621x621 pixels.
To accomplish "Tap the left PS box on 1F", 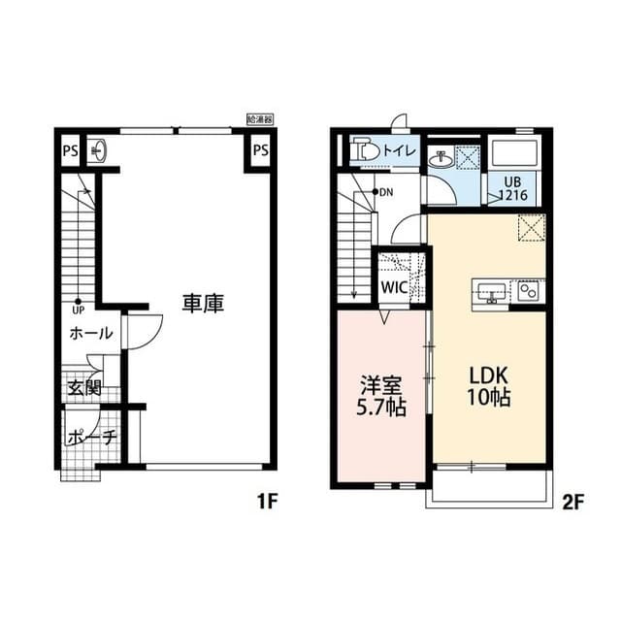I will [x=70, y=150].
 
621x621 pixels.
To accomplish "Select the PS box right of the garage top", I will [x=260, y=150].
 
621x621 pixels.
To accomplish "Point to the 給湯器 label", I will [x=260, y=118].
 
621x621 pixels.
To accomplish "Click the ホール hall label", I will [x=90, y=334].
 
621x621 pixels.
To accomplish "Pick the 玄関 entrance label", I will [x=84, y=387].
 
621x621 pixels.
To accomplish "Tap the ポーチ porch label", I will [x=92, y=439].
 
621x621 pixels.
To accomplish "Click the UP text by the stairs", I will [x=77, y=310].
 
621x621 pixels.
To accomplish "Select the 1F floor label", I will [x=268, y=502].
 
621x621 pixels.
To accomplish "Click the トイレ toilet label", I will [x=399, y=150].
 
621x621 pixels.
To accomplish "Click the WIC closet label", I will [x=394, y=288].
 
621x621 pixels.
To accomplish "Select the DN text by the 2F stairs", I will [x=386, y=192].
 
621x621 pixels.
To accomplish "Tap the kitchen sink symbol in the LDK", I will [x=490, y=291].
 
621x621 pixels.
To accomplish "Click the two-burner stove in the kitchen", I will [x=529, y=291].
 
